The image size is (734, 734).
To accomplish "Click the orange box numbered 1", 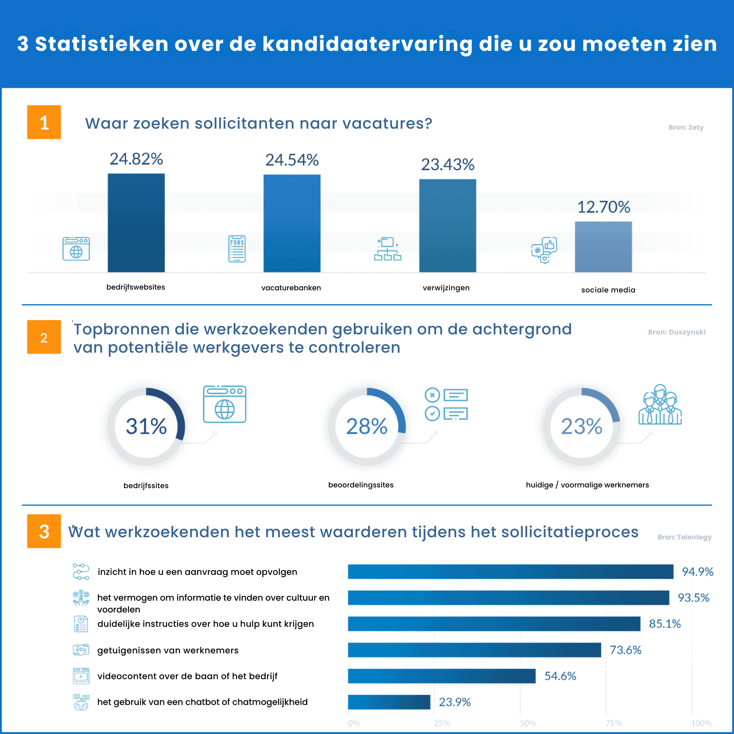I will pos(44,122).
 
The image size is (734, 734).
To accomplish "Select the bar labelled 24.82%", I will pos(136,223).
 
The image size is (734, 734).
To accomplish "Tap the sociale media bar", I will pos(603,247).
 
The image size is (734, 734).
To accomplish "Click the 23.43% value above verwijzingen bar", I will pos(448,165).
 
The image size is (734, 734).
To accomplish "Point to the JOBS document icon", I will pos(237,249).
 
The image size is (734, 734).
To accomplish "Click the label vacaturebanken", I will pos(291,287).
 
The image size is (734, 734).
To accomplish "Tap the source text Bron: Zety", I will pos(686,128).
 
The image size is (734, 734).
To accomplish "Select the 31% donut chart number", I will pos(146,426).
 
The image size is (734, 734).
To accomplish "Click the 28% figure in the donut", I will pos(367,426).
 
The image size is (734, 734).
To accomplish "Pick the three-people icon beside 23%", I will pos(660,405).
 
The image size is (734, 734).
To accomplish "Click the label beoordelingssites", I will pos(361,485).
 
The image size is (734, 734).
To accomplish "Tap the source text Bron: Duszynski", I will pos(677,332).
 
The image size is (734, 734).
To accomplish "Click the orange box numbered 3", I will pos(44,531).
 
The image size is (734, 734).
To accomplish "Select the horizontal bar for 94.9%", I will pos(510,571).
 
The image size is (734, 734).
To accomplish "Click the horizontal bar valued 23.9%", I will pos(389,702).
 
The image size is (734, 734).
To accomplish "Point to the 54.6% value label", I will pos(560,676).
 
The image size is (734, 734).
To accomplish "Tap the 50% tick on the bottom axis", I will pos(528,723).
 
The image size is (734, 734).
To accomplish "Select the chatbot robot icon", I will pos(81,702).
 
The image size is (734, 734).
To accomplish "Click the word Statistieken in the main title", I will pos(101,44).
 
